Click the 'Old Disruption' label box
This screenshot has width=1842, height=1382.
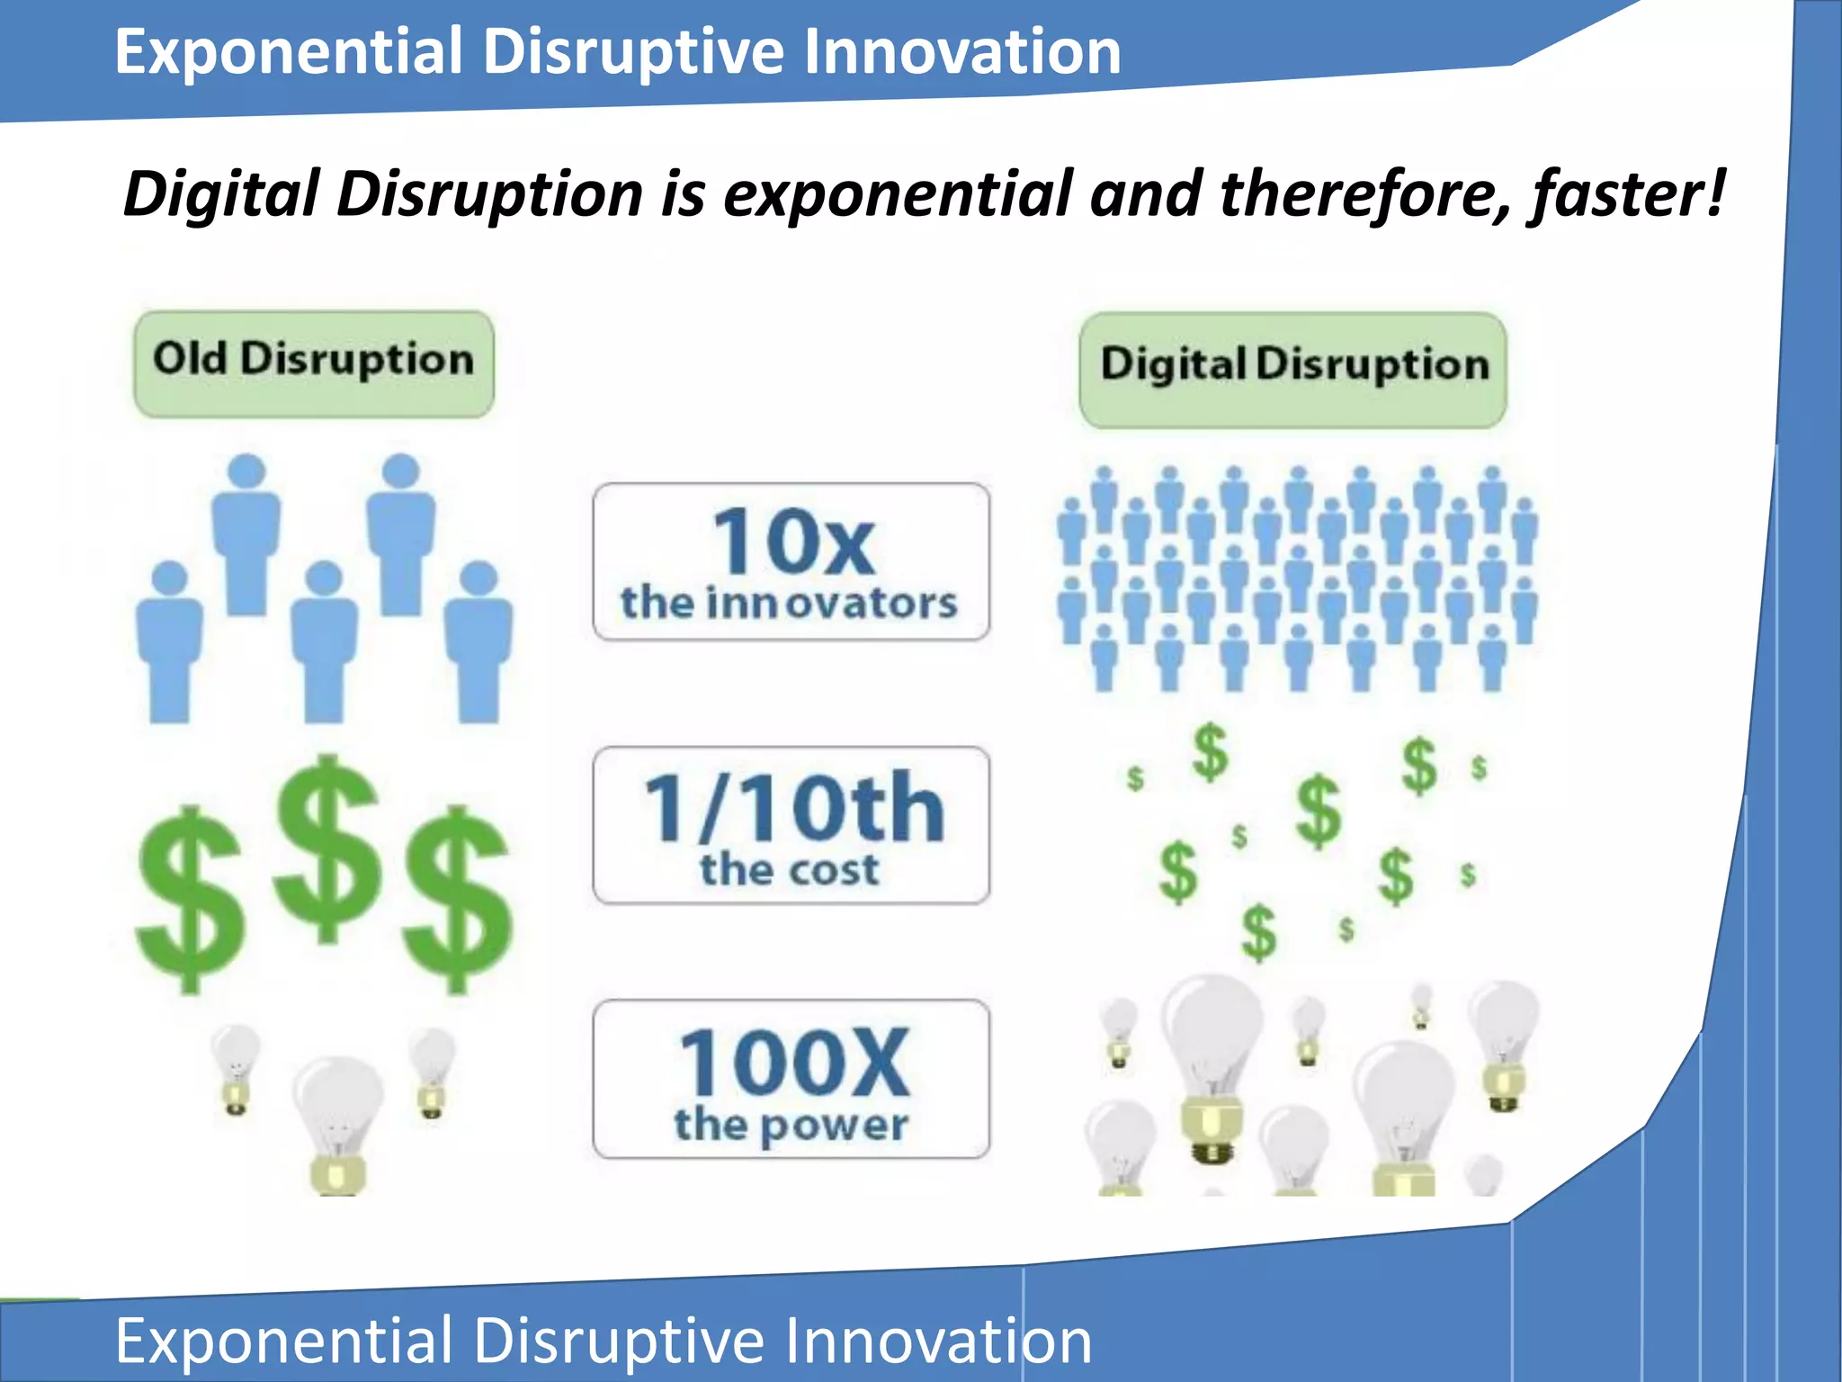coord(313,363)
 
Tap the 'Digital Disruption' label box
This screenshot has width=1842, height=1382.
coord(1292,369)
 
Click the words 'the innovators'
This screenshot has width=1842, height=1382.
coord(789,603)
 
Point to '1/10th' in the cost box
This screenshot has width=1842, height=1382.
coord(793,807)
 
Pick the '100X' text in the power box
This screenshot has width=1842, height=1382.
coord(793,1063)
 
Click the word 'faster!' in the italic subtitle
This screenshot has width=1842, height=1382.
coord(1626,194)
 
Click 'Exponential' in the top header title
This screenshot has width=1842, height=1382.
coord(288,51)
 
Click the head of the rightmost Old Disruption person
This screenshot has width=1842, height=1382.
coord(479,578)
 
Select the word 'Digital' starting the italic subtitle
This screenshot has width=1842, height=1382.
coord(221,194)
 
